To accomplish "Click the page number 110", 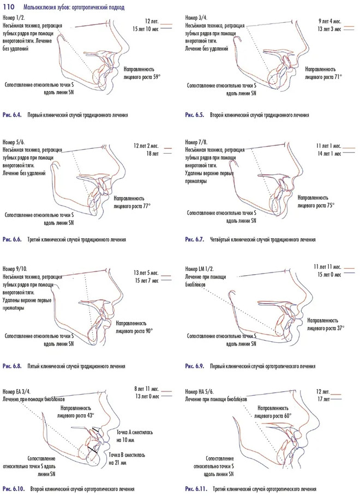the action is coord(9,7).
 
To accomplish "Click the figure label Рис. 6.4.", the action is coord(12,115).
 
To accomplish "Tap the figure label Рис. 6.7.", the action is coord(195,239).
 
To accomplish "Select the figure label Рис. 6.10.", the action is coord(14,489).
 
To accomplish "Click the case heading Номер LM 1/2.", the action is coord(200,269).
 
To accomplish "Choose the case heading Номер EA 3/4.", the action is coord(16,391).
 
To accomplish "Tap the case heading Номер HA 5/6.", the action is coord(200,391).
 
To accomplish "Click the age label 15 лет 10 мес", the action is coord(146,29).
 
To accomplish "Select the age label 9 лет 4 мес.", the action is coord(329,21).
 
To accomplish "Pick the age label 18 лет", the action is coord(152,154).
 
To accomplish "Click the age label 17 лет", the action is coord(323,399).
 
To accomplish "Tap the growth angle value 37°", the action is coord(340,328).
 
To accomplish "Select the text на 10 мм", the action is coord(125,440).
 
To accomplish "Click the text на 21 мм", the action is coord(117,463).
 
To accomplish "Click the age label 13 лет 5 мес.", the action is coord(146,273).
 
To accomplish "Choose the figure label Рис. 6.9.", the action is coord(195,366).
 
